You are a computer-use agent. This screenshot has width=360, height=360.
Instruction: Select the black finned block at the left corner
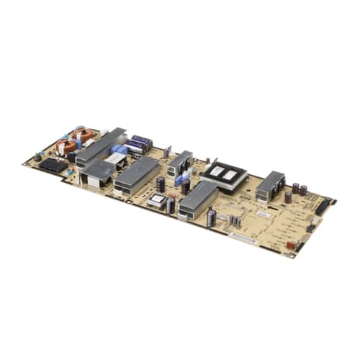click(50, 165)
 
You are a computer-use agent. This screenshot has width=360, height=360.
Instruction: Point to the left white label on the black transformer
click(216, 171)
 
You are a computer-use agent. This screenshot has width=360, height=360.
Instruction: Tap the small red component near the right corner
click(291, 244)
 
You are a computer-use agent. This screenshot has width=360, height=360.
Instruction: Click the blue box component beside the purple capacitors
click(119, 149)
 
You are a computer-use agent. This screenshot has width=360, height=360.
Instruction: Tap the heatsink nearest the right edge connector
click(270, 185)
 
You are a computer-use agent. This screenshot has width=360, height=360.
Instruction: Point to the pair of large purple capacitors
click(138, 144)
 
